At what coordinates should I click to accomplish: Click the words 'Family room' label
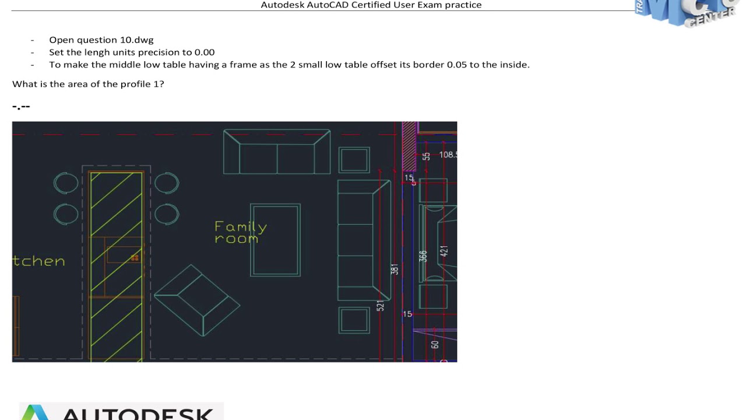pyautogui.click(x=240, y=232)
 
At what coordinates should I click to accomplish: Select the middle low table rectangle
pyautogui.click(x=275, y=240)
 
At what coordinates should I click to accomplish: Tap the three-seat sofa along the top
pyautogui.click(x=277, y=152)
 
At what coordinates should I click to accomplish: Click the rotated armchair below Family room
pyautogui.click(x=196, y=300)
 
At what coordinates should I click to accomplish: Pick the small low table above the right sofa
pyautogui.click(x=354, y=160)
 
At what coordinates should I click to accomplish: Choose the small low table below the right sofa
pyautogui.click(x=354, y=320)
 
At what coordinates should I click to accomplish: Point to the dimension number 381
pyautogui.click(x=395, y=269)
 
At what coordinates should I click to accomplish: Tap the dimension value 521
pyautogui.click(x=381, y=306)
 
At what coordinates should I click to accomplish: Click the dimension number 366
pyautogui.click(x=423, y=256)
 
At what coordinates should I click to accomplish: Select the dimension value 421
pyautogui.click(x=444, y=251)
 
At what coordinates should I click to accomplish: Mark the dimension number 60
pyautogui.click(x=435, y=345)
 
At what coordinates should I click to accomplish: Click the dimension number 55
pyautogui.click(x=426, y=156)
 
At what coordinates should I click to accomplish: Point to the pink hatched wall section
pyautogui.click(x=409, y=146)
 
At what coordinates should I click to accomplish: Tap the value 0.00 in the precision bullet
pyautogui.click(x=205, y=52)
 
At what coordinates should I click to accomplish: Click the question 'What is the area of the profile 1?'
pyautogui.click(x=88, y=84)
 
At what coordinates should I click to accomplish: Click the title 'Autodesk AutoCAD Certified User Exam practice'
pyautogui.click(x=371, y=5)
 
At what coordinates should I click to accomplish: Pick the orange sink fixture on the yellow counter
pyautogui.click(x=135, y=257)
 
